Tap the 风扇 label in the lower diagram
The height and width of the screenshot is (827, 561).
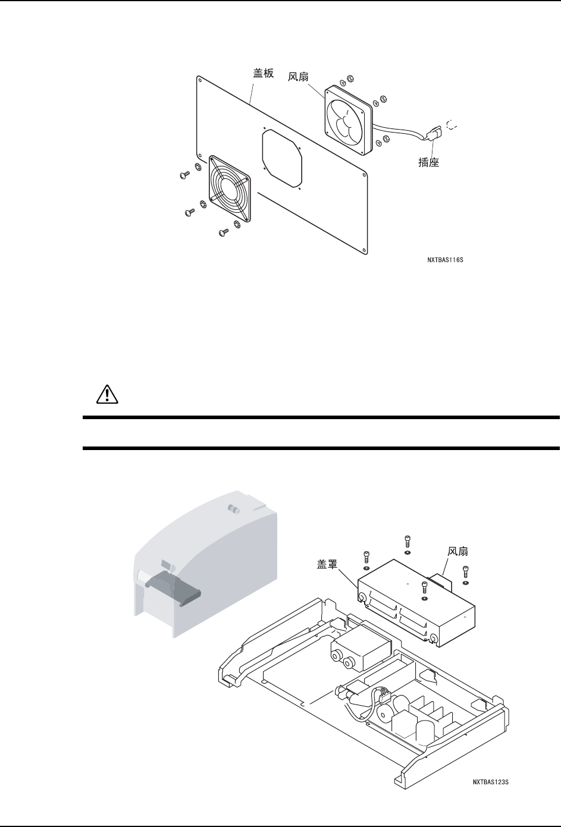tap(459, 552)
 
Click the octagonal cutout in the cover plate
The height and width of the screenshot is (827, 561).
tap(282, 159)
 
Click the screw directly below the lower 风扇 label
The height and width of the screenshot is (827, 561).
tap(466, 571)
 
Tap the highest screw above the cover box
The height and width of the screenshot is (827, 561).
tap(407, 541)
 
